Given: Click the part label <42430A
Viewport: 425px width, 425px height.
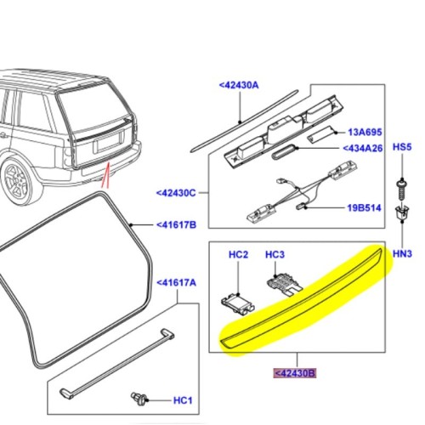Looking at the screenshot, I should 241,85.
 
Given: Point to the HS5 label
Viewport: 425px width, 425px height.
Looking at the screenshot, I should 402,148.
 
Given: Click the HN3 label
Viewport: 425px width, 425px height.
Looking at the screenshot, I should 402,254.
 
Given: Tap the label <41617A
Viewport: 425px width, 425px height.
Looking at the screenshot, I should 177,283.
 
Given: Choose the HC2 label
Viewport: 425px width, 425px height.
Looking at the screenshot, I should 238,254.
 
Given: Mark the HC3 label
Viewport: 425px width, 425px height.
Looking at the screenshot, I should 275,254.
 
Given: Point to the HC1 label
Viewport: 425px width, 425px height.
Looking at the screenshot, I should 183,400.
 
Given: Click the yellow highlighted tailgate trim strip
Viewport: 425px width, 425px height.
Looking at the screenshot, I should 306,298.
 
